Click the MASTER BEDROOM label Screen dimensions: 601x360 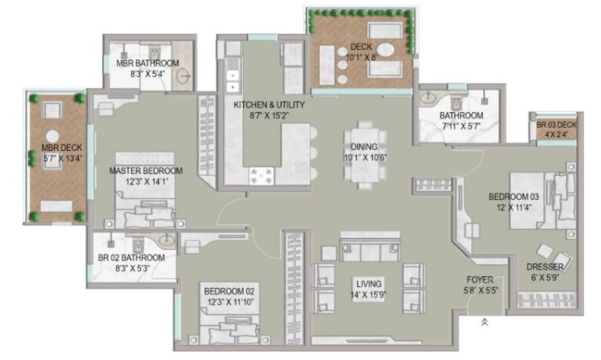click(146, 171)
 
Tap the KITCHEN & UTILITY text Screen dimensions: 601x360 click(269, 105)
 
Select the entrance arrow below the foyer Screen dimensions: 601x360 click(484, 323)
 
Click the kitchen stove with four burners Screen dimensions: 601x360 click(261, 176)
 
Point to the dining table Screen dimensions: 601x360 click(365, 154)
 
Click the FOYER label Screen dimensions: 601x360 click(479, 280)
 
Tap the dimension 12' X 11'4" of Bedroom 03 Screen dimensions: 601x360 click(514, 207)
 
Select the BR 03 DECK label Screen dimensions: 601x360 click(556, 124)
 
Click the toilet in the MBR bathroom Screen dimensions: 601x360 click(154, 53)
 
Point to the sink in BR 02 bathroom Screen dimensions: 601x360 click(167, 241)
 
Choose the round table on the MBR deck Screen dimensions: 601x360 click(52, 136)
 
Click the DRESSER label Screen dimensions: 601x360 click(545, 267)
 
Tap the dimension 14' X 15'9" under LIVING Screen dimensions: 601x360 click(368, 294)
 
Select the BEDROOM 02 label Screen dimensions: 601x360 click(229, 291)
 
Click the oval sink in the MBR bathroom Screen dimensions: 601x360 click(184, 76)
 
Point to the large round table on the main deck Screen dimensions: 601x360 click(385, 51)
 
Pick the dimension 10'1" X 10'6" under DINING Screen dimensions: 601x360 click(366, 157)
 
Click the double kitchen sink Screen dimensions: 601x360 click(233, 81)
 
